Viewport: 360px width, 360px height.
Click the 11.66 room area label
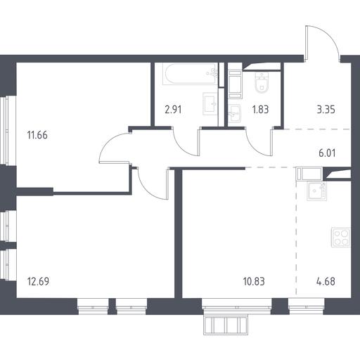(37, 135)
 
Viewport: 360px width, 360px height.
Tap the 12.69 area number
(38, 281)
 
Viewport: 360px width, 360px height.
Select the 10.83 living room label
(254, 281)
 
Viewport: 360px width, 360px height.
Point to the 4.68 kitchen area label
(326, 281)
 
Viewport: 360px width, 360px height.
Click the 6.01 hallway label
(327, 153)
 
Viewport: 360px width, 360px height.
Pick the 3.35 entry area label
(326, 110)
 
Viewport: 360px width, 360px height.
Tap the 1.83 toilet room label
(260, 110)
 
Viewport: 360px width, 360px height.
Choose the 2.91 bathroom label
(173, 110)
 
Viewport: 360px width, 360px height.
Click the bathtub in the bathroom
(191, 73)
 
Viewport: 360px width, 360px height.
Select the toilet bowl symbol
(262, 82)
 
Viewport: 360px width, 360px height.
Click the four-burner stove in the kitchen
(341, 237)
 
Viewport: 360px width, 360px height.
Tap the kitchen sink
(316, 191)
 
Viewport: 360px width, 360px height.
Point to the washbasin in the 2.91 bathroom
(210, 104)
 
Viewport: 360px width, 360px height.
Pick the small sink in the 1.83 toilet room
(234, 114)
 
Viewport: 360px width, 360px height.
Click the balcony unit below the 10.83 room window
(226, 326)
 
